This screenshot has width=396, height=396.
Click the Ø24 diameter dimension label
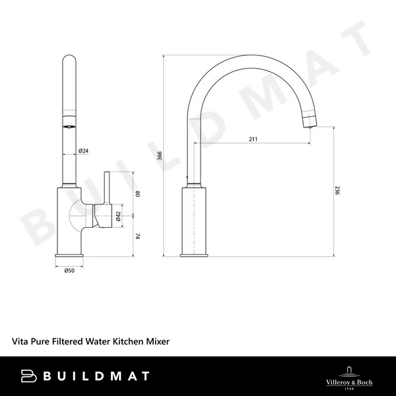84,151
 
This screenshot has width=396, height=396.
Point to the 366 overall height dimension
160,156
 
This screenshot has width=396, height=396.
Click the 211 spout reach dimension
253,139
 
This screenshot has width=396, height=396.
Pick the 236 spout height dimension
337,191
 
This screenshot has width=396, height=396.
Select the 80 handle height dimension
138,194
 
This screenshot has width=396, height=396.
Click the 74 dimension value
138,236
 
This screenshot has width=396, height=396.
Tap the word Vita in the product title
20,342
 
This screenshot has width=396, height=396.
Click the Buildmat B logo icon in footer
28,376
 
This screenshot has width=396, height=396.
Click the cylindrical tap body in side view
195,218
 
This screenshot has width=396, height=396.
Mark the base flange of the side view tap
195,255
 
